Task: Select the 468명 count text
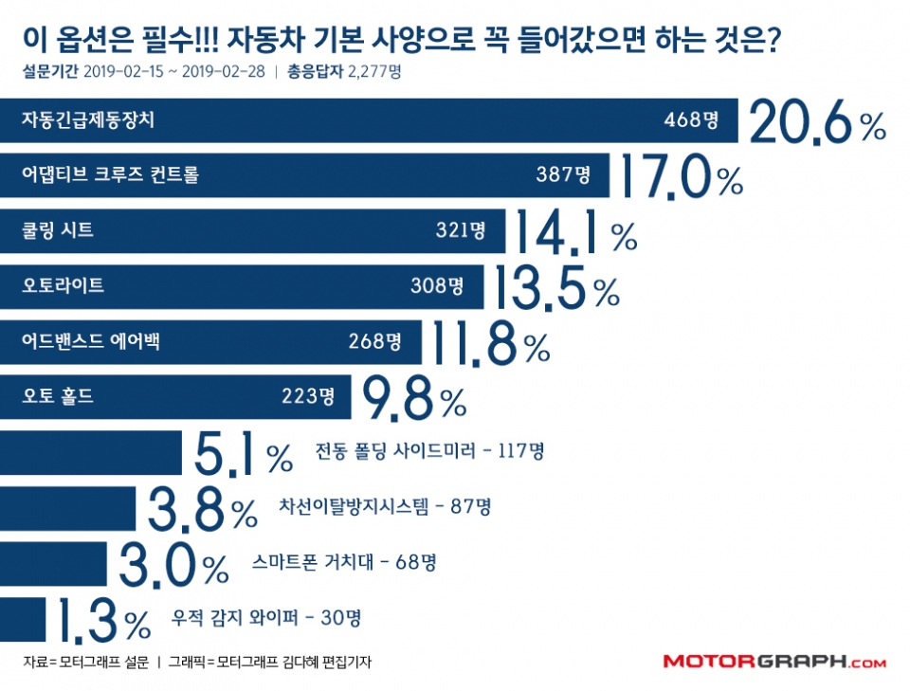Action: (691, 120)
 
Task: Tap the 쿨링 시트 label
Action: (58, 229)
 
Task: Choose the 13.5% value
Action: (555, 285)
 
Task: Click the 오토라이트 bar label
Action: (63, 285)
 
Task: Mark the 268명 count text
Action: (374, 340)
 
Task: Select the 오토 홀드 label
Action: (58, 396)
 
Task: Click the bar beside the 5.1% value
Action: (91, 452)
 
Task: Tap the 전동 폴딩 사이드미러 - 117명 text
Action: (429, 452)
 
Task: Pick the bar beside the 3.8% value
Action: (68, 508)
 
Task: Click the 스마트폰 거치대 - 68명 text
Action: (344, 563)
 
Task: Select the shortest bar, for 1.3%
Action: (23, 619)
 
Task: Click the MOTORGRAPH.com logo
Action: (773, 662)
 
